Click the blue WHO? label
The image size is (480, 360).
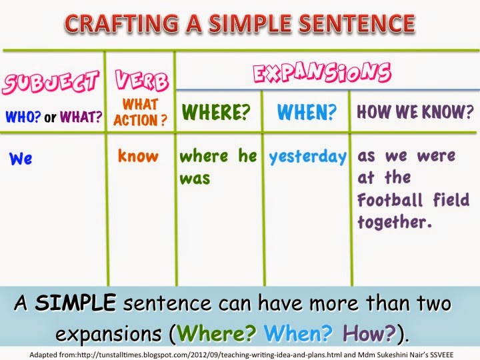pyautogui.click(x=23, y=118)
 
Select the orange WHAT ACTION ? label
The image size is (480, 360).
pyautogui.click(x=140, y=111)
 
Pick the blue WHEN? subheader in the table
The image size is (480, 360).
pyautogui.click(x=306, y=112)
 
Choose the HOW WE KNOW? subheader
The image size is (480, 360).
pyautogui.click(x=415, y=111)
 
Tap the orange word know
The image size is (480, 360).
pyautogui.click(x=138, y=157)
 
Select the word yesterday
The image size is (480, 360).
pyautogui.click(x=307, y=157)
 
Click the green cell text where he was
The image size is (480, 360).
pyautogui.click(x=217, y=167)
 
